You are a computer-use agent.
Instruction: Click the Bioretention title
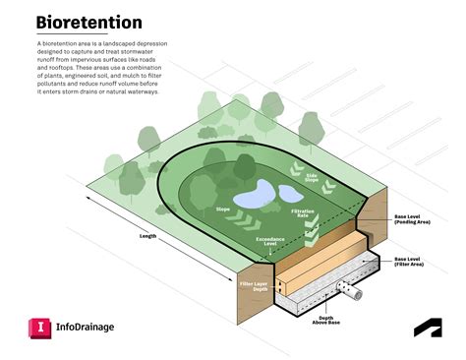coord(88,23)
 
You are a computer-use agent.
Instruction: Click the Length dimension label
coord(148,236)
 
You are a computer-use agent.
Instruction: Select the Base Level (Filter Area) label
coord(407,264)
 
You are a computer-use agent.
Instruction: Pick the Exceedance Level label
coord(271,242)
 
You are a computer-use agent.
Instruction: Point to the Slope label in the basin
coord(222,209)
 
